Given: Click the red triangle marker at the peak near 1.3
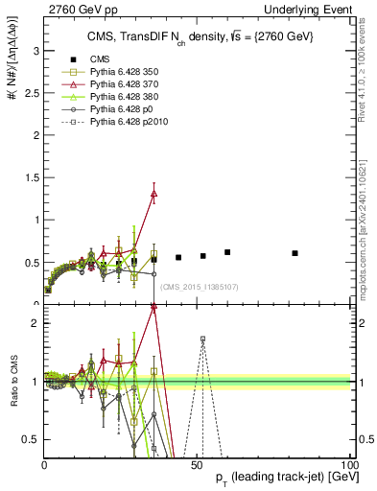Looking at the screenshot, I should pyautogui.click(x=153, y=194).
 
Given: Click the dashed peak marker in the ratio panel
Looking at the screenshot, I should pyautogui.click(x=202, y=339).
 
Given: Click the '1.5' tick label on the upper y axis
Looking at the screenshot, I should pyautogui.click(x=31, y=176).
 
